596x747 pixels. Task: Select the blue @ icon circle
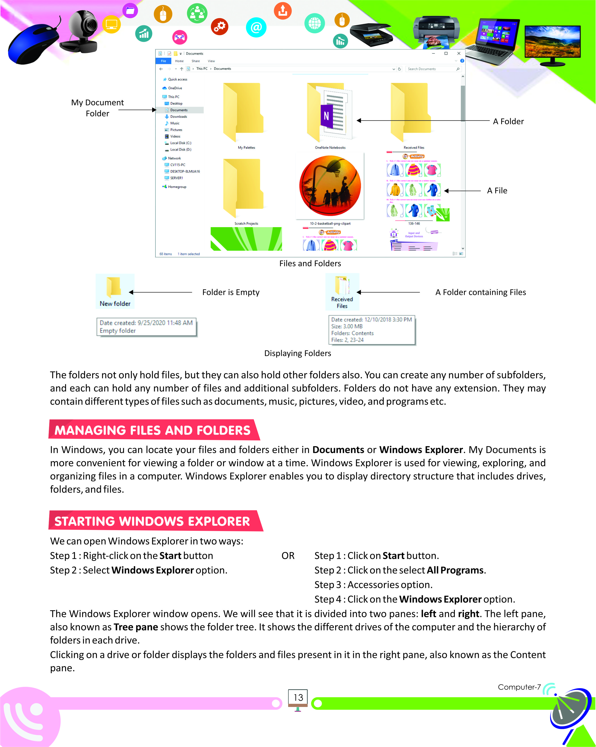(x=256, y=27)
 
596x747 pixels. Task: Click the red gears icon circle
(x=219, y=26)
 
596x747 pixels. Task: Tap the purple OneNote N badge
(x=326, y=116)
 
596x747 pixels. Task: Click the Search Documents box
(x=431, y=69)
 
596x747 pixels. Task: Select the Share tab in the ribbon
(x=196, y=61)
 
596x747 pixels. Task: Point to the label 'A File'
(x=497, y=191)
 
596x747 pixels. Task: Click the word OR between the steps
(x=288, y=556)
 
